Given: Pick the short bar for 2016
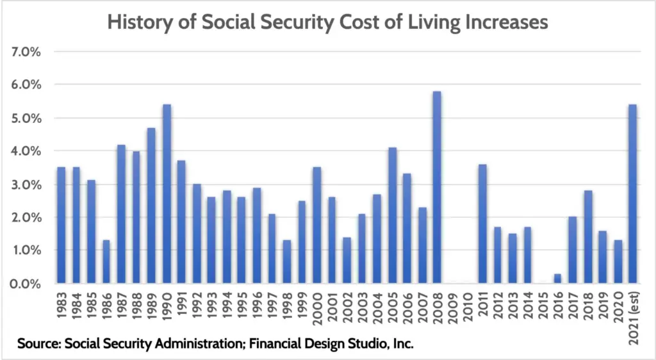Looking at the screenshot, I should pos(558,279).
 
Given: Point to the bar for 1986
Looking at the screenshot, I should pos(106,261).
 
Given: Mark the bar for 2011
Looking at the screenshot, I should pos(482,224).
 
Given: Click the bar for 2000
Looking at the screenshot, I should pos(316,225).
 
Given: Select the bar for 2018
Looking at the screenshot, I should pos(588,236).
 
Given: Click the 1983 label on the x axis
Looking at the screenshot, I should pos(61,307).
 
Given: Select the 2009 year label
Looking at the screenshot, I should pos(452,307).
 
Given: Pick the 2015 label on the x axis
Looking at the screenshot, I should pos(543,307).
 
